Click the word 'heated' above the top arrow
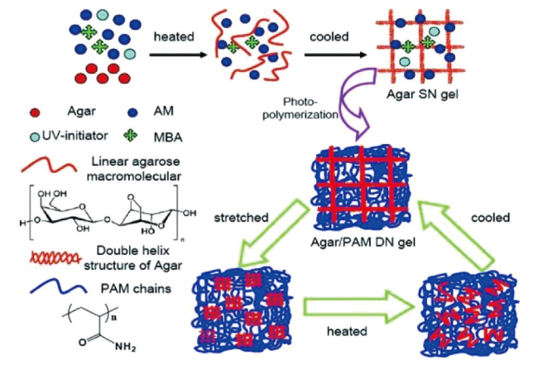(x=174, y=36)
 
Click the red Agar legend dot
(x=31, y=110)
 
